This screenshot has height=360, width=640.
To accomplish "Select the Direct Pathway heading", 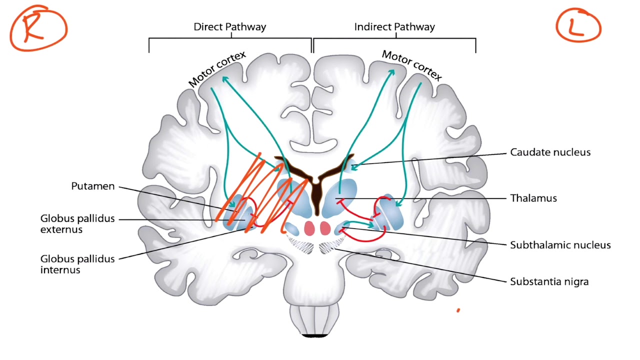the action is coord(229,27).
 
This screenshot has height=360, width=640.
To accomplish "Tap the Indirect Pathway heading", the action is coord(394,27).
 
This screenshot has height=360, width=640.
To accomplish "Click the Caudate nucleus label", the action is coord(550,152).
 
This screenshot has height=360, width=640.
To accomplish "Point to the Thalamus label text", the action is coord(533,198).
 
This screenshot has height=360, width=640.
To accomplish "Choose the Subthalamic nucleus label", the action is coord(560,245).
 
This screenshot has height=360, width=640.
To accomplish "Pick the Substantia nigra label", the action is coord(549,281).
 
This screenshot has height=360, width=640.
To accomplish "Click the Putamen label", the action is coord(93,186).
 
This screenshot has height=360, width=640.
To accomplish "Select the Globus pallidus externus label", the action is coord(77,224).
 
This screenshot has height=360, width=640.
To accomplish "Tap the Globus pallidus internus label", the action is coord(77,264).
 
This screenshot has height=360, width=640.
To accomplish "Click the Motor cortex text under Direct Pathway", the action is coord(217,69).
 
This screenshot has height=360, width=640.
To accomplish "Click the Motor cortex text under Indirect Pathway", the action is coord(412,65).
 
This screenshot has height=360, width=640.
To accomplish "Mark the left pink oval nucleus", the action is coord(309,228).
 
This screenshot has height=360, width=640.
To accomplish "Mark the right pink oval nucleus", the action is coord(325,228).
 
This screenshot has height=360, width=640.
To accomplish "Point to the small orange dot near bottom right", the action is coord(458,310).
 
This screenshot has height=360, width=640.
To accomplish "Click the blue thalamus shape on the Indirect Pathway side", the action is coord(339,198).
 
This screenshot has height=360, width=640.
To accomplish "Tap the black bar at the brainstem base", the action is coord(314,335).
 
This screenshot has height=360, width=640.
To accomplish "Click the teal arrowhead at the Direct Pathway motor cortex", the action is coord(225,79).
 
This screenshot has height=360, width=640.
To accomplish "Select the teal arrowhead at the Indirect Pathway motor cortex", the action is coord(391,72).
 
